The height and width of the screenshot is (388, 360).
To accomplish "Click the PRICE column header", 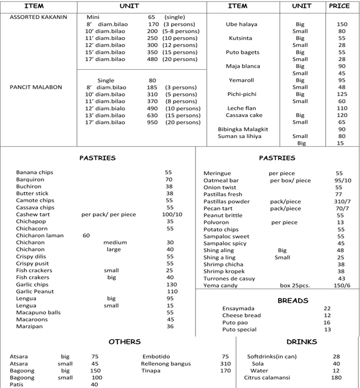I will point(339,6).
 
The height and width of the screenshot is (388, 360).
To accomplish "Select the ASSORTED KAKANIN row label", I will point(38,17).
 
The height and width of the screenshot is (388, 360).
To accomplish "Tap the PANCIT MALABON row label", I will point(36,87).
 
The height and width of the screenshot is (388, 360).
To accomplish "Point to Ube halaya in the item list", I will point(241,24).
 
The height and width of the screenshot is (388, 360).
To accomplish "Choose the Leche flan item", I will point(241,108).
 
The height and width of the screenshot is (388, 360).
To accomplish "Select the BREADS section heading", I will point(292,300).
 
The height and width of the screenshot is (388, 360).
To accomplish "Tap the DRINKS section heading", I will point(301,342).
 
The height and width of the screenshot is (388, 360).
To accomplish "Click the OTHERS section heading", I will point(124,342).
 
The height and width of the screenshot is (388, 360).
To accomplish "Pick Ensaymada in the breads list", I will point(238,309).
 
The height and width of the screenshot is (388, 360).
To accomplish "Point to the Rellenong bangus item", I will point(166,364).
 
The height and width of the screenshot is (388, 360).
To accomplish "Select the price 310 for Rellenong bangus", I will point(225,364).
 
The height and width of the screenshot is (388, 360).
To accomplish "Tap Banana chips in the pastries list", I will point(34,172).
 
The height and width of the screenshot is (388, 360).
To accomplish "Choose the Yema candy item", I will point(220,285).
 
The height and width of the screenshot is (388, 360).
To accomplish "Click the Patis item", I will point(16,384).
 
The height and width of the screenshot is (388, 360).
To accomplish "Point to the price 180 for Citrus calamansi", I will point(336,377).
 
